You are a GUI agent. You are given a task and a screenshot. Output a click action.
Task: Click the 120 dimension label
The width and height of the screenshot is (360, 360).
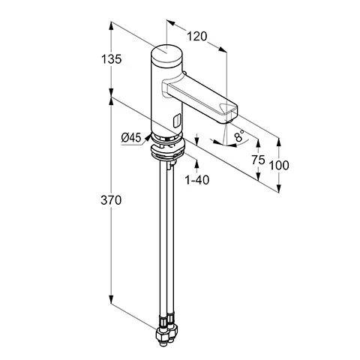197,37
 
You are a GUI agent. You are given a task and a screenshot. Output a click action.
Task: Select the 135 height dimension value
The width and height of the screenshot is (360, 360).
111,59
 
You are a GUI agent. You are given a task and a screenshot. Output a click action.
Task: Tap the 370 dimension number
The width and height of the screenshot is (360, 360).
111,200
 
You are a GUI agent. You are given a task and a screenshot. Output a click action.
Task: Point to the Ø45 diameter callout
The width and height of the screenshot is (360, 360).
131,137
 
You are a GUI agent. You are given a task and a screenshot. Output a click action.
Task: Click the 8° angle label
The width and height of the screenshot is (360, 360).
239,136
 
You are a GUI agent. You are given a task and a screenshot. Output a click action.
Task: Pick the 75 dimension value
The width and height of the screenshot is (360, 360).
258,160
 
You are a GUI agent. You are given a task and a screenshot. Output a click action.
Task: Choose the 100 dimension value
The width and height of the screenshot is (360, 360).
279,165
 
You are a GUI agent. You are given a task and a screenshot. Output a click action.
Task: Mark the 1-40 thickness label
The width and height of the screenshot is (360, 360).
197,180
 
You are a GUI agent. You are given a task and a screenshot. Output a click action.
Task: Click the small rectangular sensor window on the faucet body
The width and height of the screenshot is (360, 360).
177,120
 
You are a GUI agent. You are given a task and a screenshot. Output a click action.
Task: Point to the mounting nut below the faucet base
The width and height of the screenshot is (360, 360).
168,151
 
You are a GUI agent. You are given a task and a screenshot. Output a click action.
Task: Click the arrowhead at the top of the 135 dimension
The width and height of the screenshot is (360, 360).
111,26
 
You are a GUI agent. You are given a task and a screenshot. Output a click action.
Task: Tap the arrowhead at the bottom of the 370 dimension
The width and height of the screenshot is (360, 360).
111,299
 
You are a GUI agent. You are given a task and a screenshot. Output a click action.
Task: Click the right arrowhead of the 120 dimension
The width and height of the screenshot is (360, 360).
223,49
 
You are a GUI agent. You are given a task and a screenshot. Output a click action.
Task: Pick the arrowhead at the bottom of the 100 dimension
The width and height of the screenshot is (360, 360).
279,189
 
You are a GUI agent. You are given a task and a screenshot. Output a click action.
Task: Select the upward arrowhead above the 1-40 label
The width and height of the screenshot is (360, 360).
196,163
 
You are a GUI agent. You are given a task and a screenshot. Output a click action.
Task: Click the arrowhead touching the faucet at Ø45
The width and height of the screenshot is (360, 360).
148,136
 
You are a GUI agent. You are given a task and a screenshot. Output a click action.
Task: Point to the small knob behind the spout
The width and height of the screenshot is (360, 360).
184,73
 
